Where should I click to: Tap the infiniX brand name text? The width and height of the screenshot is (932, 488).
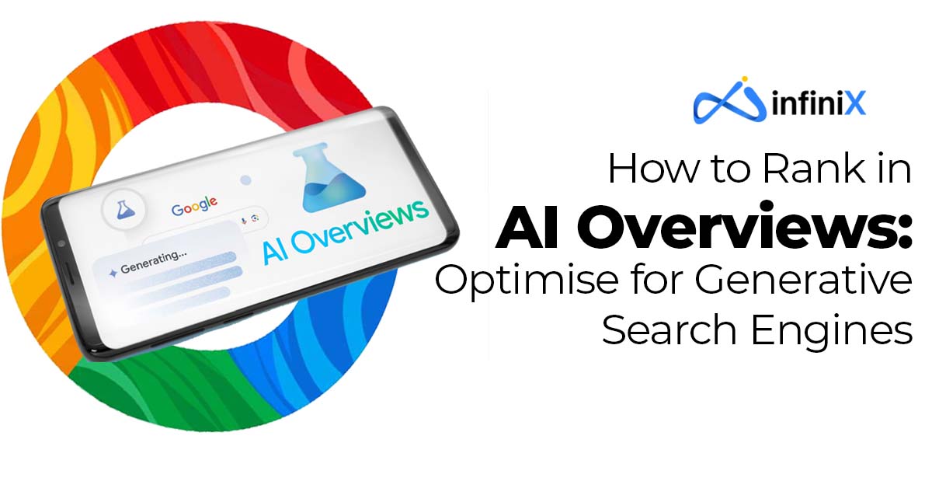point(819,103)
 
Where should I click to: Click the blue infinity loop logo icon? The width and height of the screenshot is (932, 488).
point(729,102)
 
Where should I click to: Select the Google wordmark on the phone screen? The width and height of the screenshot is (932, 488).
point(194,206)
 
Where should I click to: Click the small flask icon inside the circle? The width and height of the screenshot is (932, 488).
point(123,210)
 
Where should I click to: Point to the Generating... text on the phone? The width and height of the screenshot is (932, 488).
point(154,261)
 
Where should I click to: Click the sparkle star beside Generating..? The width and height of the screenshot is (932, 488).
point(113,274)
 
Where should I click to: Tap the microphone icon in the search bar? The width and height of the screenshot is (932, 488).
point(243,221)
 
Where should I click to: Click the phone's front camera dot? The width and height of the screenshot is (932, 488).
point(61,243)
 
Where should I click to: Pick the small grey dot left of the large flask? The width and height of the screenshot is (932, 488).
point(246,180)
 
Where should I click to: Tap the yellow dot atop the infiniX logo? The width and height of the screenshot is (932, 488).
point(744,78)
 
